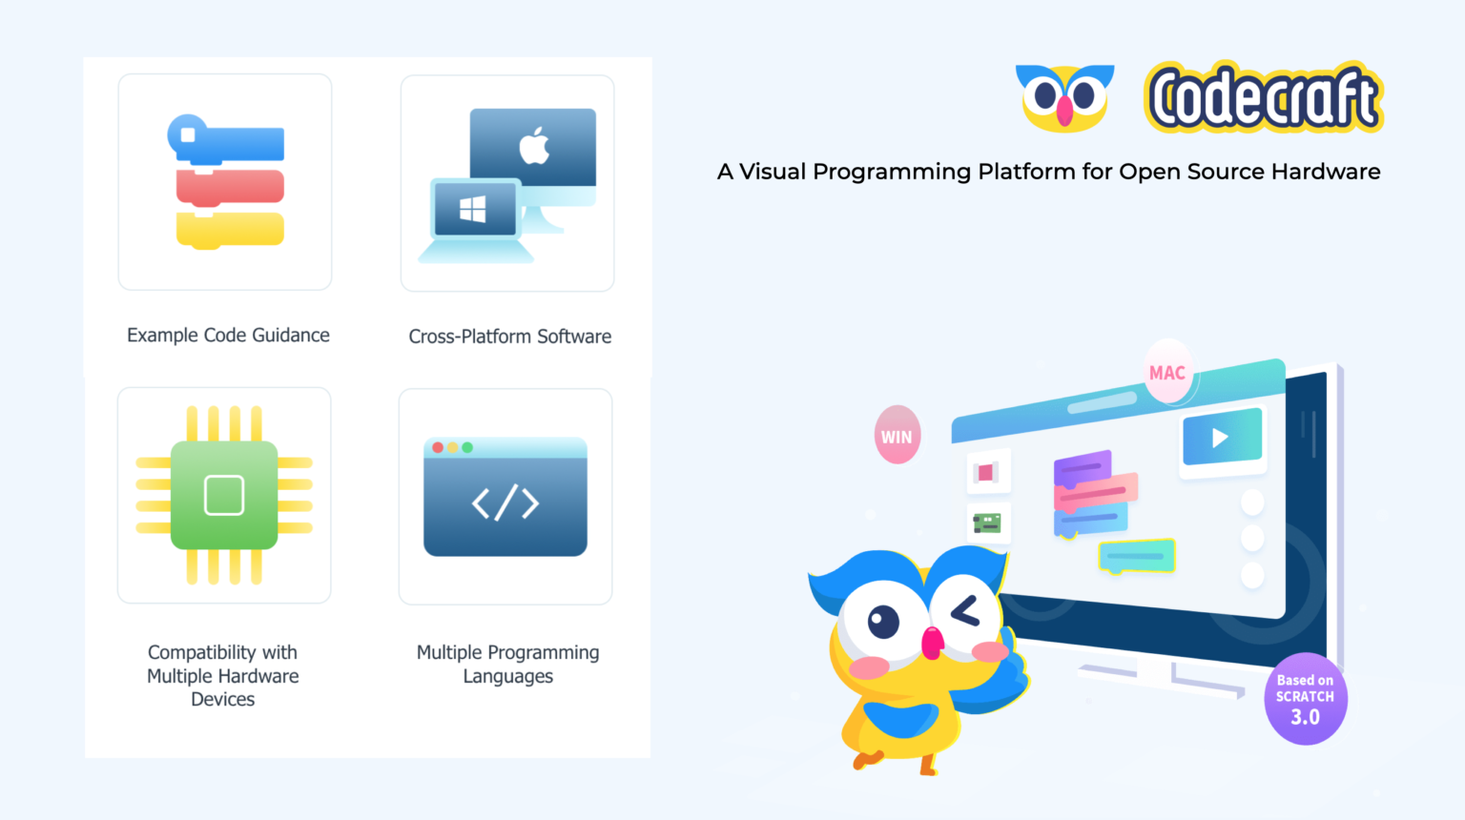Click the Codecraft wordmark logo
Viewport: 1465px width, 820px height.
1264,97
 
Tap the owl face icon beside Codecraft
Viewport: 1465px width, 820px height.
1064,97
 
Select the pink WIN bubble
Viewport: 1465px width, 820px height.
897,436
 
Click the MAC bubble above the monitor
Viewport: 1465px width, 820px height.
1167,372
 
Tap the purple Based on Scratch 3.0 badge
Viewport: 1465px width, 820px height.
1305,700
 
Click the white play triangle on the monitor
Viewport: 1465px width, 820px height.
1220,438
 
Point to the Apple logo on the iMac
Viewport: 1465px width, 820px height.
534,145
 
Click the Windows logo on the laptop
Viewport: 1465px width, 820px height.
473,209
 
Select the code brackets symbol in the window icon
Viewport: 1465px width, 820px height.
506,502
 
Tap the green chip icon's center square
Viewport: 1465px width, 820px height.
224,495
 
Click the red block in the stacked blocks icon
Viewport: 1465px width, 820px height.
230,187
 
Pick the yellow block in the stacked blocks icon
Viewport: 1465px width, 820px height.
230,230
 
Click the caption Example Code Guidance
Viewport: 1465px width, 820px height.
228,336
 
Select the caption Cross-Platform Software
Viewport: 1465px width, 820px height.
509,337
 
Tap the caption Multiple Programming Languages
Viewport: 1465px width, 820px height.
507,664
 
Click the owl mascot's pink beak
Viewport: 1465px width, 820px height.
932,644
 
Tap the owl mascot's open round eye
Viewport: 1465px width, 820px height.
882,622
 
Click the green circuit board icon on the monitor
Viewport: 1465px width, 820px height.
987,523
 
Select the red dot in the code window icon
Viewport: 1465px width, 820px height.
438,447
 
